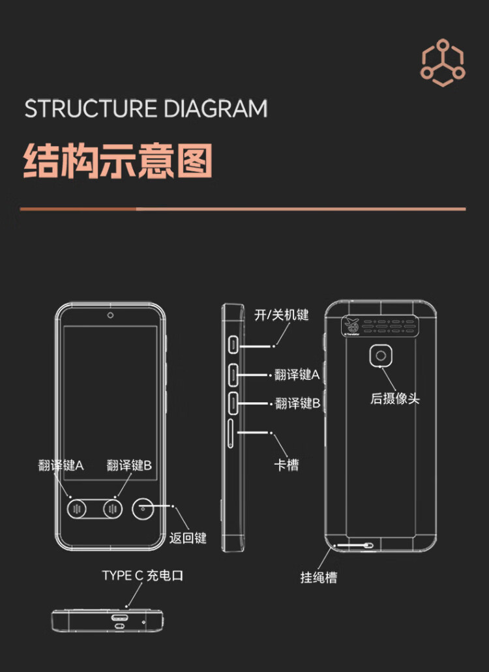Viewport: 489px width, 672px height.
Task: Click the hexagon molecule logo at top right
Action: point(443,63)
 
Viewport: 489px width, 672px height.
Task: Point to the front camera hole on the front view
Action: point(111,316)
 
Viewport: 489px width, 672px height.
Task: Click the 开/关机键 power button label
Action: point(281,315)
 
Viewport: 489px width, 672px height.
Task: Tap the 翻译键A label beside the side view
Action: point(297,375)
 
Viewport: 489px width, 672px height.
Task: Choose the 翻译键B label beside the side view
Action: point(297,403)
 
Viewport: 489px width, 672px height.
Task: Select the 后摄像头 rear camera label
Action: point(394,398)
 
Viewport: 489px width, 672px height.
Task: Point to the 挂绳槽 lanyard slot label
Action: point(319,577)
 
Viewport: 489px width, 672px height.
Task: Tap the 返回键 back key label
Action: point(188,538)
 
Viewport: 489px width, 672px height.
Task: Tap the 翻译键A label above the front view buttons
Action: point(61,465)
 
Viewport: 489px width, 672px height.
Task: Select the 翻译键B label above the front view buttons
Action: point(129,465)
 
